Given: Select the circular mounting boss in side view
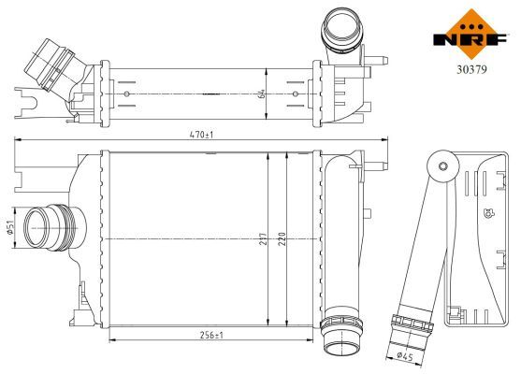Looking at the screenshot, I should point(436,168).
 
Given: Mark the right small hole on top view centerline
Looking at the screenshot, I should point(297,93).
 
